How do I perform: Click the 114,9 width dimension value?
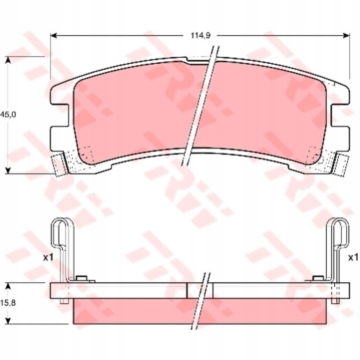coord(200,36)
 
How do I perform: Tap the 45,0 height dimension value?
coord(8,114)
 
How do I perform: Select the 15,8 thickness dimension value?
coord(8,303)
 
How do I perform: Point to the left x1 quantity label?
coord(48,258)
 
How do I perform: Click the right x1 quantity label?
coord(353,258)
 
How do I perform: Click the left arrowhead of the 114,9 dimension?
coord(53,36)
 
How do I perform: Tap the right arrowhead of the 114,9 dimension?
coord(346,36)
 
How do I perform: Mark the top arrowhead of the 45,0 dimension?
coord(8,60)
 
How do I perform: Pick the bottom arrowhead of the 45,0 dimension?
coord(8,171)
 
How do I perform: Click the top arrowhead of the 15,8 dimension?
coord(8,286)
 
